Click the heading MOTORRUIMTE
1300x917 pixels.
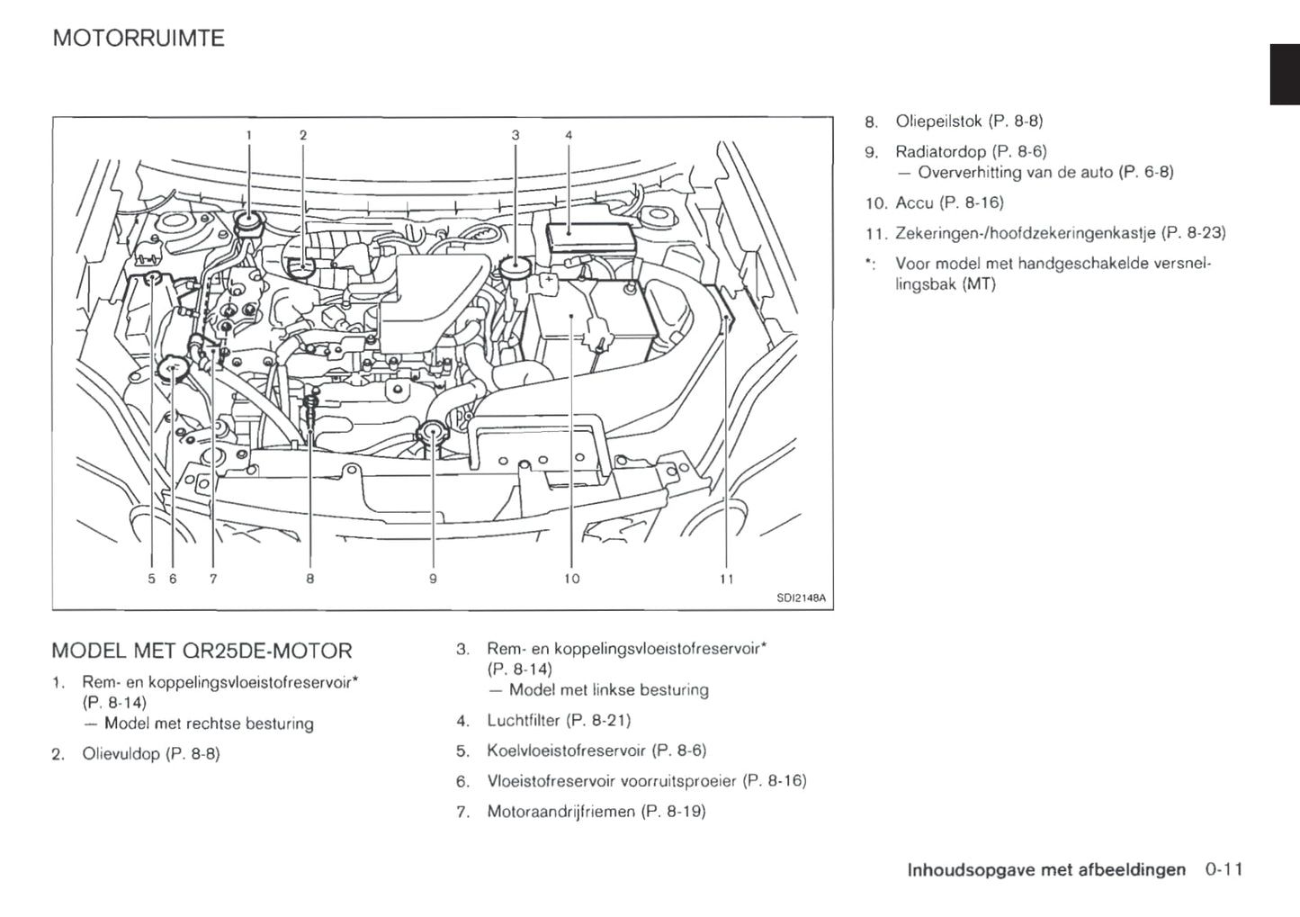pyautogui.click(x=139, y=39)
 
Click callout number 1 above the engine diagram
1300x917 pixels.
pyautogui.click(x=249, y=135)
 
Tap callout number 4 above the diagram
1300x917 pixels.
pyautogui.click(x=569, y=135)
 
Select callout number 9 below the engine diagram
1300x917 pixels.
pyautogui.click(x=433, y=579)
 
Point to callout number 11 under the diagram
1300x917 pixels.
pyautogui.click(x=727, y=579)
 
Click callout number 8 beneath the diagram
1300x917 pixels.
pyautogui.click(x=309, y=579)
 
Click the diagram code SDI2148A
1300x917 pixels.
pyautogui.click(x=801, y=598)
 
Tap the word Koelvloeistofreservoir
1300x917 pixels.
pyautogui.click(x=566, y=751)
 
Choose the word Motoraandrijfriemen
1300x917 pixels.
pyautogui.click(x=560, y=812)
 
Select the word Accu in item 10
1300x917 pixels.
pyautogui.click(x=914, y=202)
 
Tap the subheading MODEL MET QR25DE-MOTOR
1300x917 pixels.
pyautogui.click(x=202, y=650)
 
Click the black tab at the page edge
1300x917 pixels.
pyautogui.click(x=1284, y=75)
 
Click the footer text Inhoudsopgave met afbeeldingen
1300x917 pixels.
pyautogui.click(x=1046, y=869)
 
